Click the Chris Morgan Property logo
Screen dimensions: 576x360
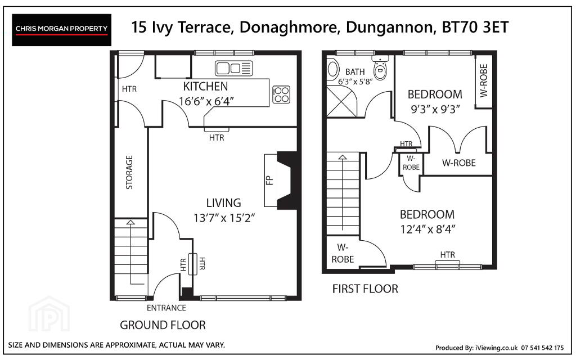pos(61,30)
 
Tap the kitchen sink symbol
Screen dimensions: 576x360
pos(234,68)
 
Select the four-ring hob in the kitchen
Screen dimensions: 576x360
pos(281,94)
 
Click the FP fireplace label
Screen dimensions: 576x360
pos(269,181)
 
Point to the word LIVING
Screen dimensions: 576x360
pos(224,202)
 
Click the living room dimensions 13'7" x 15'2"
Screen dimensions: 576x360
pos(224,218)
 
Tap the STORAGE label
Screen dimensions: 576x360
pos(129,172)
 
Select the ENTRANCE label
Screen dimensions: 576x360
pos(166,308)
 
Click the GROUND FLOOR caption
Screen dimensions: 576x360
pos(163,325)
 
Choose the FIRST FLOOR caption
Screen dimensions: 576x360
pos(365,289)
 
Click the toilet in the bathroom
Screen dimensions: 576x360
pos(380,68)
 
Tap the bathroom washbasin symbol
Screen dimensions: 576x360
pos(333,69)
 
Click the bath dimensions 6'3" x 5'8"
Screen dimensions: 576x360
pos(355,82)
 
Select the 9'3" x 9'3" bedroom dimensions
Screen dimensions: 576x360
pos(435,109)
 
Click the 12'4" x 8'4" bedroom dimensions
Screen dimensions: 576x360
pos(427,229)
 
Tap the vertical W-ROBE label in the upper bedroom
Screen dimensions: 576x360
pos(484,81)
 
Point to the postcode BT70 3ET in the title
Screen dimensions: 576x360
pos(475,28)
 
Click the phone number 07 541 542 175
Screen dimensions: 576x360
pos(542,348)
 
